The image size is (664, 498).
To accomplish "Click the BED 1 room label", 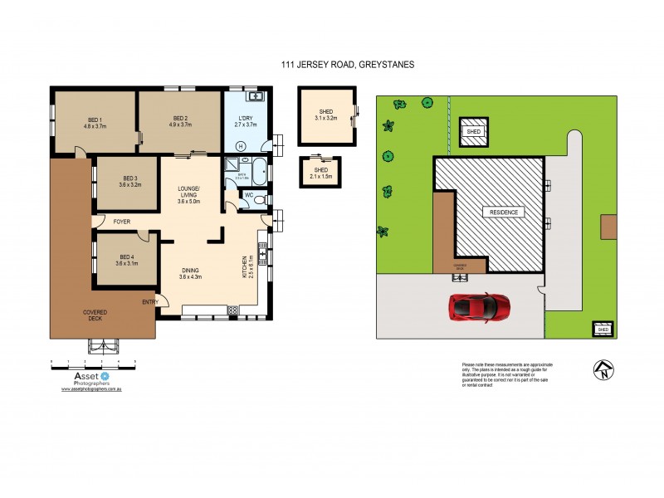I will click(91, 118).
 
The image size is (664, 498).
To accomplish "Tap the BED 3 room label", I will click(130, 178).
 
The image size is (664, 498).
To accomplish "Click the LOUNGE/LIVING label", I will click(189, 194).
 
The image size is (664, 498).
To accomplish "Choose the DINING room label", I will click(190, 270).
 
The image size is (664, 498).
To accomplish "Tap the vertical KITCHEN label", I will click(243, 267).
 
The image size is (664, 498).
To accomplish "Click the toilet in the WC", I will click(261, 199).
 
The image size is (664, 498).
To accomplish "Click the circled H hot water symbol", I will click(242, 146).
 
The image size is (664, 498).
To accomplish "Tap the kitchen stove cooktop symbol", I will click(232, 310).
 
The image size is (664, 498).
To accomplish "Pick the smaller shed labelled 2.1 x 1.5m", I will click(320, 171).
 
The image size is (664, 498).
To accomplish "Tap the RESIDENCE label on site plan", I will click(503, 212).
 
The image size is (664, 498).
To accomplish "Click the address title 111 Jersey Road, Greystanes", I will click(331, 61).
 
